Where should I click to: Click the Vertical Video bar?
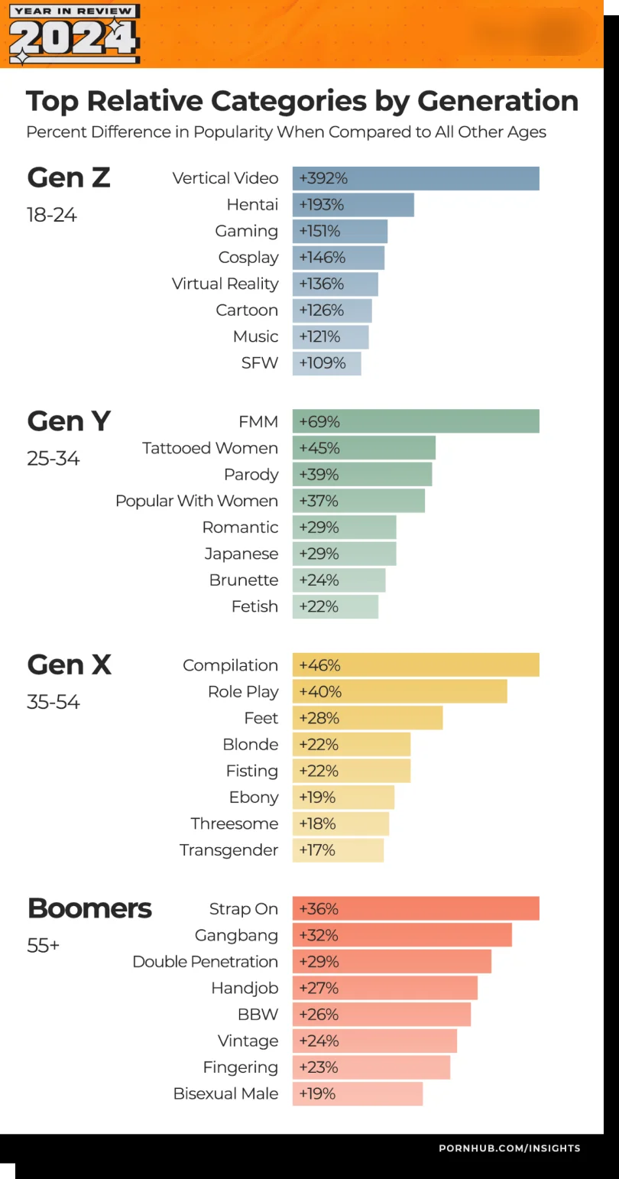coord(416,178)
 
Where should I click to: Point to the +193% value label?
coord(322,205)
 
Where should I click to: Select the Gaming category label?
coord(246,231)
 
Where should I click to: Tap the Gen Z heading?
coord(69,177)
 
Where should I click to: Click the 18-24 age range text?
coord(52,215)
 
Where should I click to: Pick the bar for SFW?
coord(326,363)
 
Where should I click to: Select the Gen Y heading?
coord(69,421)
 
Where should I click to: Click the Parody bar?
coord(362,474)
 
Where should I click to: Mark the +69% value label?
coord(319,422)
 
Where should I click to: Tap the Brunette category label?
coord(244,580)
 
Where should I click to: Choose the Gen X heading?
coord(69,664)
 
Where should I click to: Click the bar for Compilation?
coord(416,665)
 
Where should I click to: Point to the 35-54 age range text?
coord(53,702)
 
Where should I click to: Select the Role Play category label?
coord(243,692)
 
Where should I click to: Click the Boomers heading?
coord(89,908)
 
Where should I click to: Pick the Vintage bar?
coord(374,1041)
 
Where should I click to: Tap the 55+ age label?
coord(43,946)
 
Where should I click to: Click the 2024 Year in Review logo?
coord(74,34)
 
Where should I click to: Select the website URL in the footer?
coord(509,1148)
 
